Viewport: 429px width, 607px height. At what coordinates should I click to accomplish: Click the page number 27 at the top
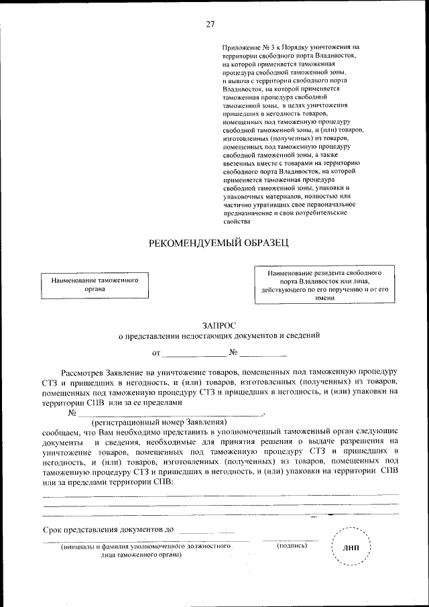[210, 24]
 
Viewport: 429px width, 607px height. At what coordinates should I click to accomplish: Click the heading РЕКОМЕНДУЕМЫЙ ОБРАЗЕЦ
[219, 243]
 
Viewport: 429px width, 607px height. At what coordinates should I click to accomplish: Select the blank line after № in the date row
[263, 354]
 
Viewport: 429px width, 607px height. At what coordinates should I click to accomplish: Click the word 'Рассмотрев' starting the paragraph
[82, 371]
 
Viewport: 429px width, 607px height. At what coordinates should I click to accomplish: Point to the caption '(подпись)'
[292, 546]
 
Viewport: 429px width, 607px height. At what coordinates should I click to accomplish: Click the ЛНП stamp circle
[351, 548]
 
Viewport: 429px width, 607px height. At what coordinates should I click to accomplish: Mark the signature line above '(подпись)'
[291, 540]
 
